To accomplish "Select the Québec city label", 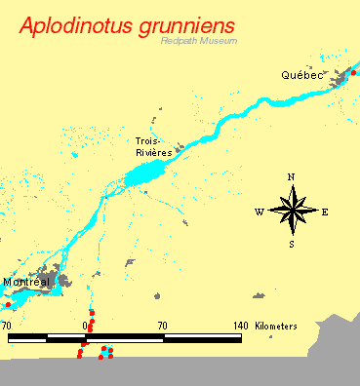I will pos(300,74).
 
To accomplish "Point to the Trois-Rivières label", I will pos(154,147).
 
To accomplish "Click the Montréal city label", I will pos(26,282).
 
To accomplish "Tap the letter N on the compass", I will pos(291,176).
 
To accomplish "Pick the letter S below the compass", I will pos(291,244).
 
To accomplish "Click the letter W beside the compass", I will pos(260,212).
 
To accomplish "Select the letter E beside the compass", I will pos(324,212).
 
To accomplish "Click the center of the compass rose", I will pos(292,211).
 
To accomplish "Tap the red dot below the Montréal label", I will pos(8,304).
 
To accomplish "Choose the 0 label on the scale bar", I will pos(86,325).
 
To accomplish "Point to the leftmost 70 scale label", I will pos(6,325).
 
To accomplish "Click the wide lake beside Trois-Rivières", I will pos(146,175).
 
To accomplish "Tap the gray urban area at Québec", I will pos(342,79).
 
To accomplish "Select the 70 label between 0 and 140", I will pos(162,325).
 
